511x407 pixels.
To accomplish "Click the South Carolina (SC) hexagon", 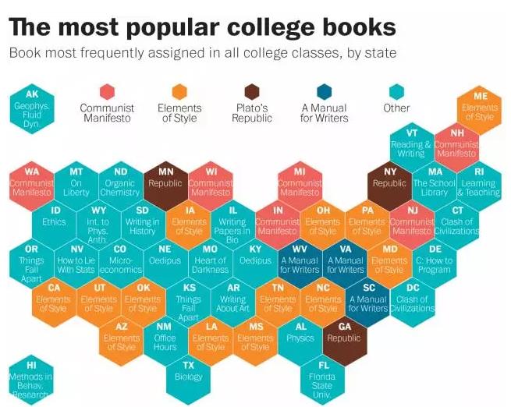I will pyautogui.click(x=367, y=298).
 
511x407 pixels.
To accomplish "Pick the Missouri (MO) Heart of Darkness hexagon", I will pyautogui.click(x=211, y=260).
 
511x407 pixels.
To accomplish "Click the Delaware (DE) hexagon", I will pyautogui.click(x=435, y=260).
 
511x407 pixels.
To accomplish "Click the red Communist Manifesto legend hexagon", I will pyautogui.click(x=107, y=91).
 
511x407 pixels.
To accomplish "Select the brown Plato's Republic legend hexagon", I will pyautogui.click(x=252, y=91).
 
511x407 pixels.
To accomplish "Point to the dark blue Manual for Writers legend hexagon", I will pyautogui.click(x=323, y=91).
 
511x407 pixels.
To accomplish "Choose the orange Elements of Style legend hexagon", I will pyautogui.click(x=179, y=91).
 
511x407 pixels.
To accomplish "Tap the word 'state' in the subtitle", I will pyautogui.click(x=380, y=54).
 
